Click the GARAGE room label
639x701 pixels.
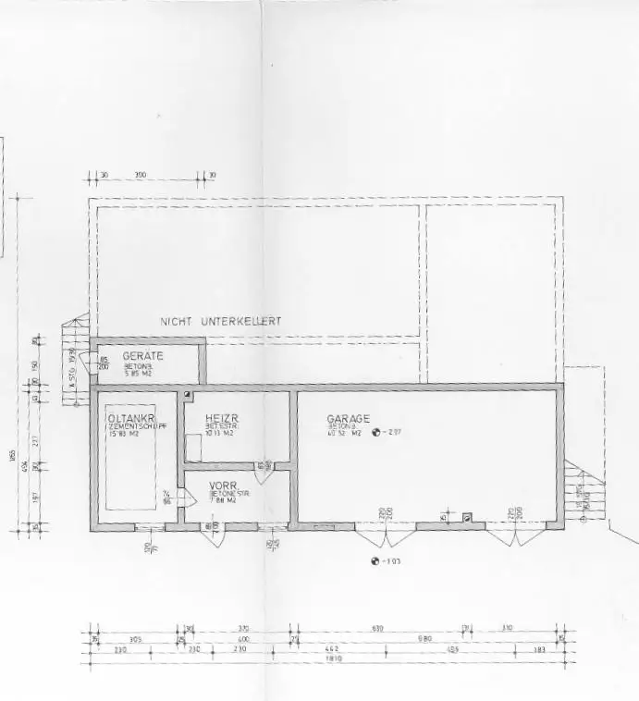(348, 419)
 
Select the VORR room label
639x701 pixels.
(225, 486)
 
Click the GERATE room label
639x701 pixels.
(142, 355)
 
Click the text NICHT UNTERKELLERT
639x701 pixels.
(221, 322)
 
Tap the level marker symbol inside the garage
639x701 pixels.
(376, 431)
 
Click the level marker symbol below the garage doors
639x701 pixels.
(375, 561)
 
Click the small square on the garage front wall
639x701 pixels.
(467, 518)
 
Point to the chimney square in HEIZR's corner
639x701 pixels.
(188, 395)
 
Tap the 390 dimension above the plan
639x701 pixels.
(141, 174)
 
